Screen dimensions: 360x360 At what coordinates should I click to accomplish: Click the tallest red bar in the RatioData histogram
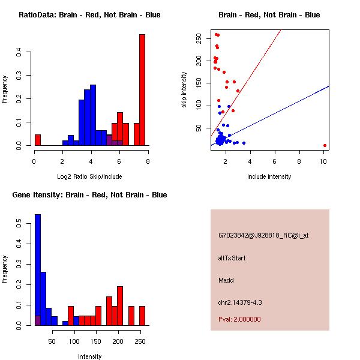142,90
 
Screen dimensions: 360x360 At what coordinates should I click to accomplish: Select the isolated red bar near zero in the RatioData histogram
37,140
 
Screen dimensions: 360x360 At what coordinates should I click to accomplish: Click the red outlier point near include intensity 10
325,145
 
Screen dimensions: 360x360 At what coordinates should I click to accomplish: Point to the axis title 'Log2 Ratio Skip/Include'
89,176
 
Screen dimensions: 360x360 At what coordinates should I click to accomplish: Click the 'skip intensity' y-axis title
184,90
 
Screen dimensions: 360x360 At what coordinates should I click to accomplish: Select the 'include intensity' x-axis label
269,176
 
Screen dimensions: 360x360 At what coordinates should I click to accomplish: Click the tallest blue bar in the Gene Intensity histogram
37,269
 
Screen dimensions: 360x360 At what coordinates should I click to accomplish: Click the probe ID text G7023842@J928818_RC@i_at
263,235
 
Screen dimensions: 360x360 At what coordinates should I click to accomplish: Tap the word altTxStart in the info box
232,258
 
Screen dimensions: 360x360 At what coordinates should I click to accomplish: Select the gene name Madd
226,280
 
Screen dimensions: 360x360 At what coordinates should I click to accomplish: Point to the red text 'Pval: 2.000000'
240,320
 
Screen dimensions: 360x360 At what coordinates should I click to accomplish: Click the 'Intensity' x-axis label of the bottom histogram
89,356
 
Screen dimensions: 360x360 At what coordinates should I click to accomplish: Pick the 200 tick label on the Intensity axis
119,341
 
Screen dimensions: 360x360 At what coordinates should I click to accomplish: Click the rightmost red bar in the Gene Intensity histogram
142,316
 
